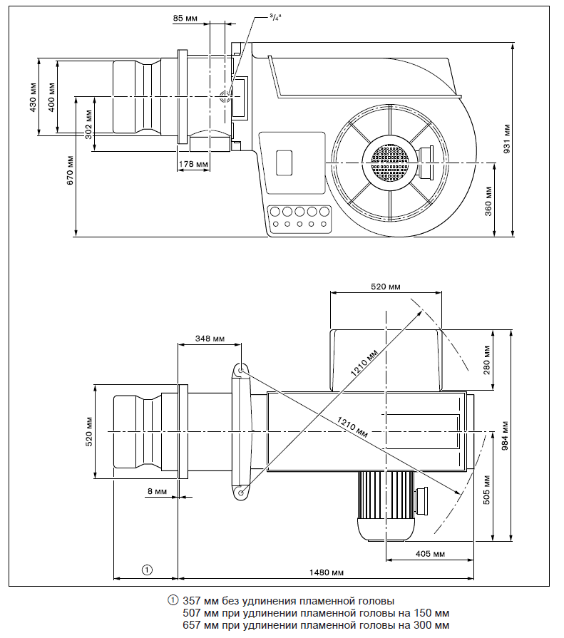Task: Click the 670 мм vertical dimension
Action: pyautogui.click(x=70, y=172)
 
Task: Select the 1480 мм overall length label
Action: pyautogui.click(x=327, y=572)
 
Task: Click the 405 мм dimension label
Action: pyautogui.click(x=429, y=554)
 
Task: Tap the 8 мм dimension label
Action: pyautogui.click(x=155, y=491)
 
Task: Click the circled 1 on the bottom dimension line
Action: pyautogui.click(x=146, y=570)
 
